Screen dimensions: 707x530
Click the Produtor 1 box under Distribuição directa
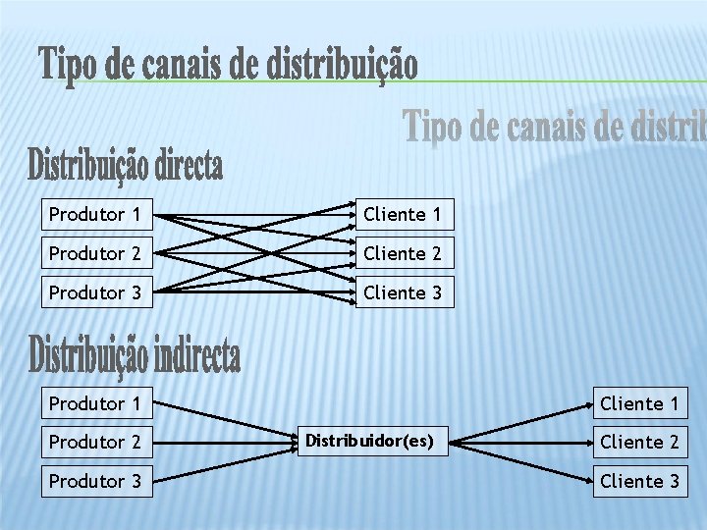[x=97, y=214]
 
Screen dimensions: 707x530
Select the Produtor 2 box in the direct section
[x=97, y=253]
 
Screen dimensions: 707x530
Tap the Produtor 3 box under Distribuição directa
[x=97, y=292]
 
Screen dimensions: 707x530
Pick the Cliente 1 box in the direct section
[x=404, y=214]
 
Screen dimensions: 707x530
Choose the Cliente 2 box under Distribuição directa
[x=404, y=253]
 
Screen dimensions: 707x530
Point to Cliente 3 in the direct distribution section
[x=404, y=292]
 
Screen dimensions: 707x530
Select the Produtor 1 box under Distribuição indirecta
[x=97, y=403]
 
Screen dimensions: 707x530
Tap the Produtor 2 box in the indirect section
[x=97, y=443]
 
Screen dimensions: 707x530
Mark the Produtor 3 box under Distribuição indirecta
[x=97, y=481]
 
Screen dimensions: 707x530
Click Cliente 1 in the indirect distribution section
[x=639, y=403]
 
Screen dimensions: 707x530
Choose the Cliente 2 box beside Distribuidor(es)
[x=639, y=443]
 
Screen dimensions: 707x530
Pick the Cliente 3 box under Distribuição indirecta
[x=639, y=481]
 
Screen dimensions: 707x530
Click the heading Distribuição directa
[x=126, y=165]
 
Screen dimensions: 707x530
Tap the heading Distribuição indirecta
[x=135, y=354]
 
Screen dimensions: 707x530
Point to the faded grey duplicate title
[x=555, y=128]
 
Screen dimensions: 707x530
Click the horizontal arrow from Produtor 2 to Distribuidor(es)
[x=226, y=443]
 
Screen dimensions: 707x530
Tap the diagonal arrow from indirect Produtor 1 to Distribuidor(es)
[x=226, y=422]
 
